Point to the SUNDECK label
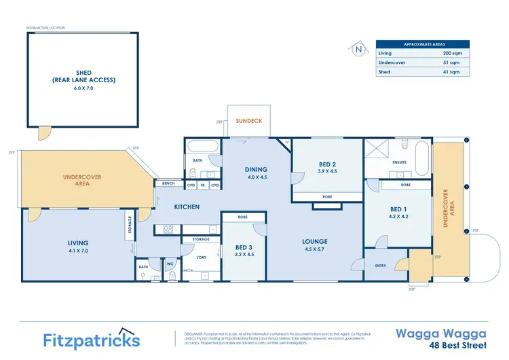point(248,121)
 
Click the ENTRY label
point(380,266)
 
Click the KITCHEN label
point(187,206)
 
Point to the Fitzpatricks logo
point(92,340)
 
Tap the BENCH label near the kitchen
point(168,183)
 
